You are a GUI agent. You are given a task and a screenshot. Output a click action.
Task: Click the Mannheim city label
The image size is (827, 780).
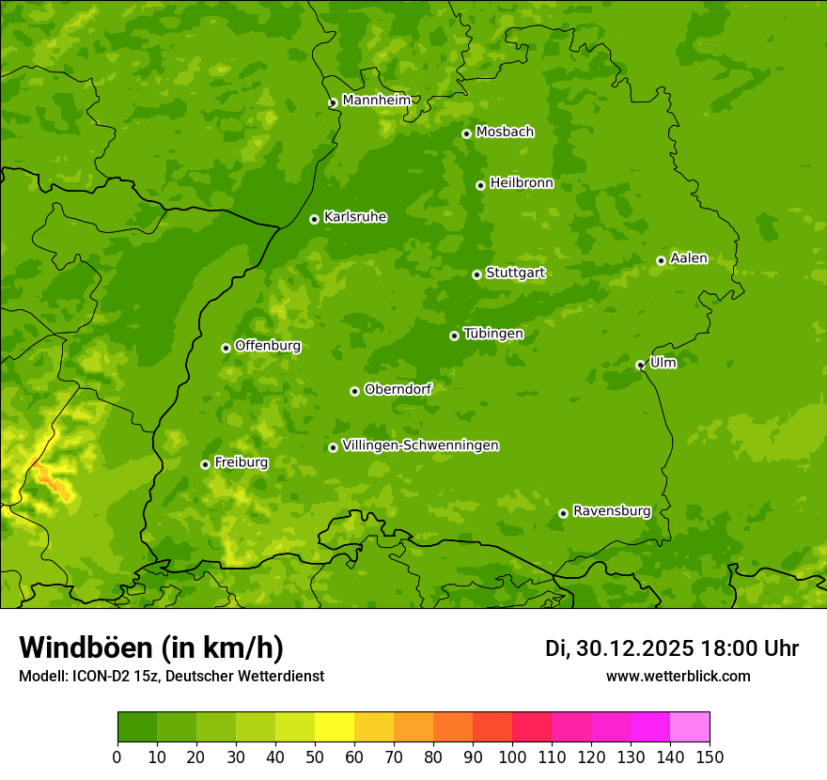(x=377, y=101)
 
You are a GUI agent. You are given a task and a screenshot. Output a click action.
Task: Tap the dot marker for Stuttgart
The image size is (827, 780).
(x=476, y=274)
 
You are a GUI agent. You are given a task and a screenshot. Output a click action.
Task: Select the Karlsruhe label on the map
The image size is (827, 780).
(x=355, y=217)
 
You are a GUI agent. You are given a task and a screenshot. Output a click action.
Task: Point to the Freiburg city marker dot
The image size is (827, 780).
(x=205, y=464)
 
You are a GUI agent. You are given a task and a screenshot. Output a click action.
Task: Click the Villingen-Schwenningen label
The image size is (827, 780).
(x=420, y=445)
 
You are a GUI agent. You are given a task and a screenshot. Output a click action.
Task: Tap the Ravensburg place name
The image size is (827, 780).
(x=612, y=511)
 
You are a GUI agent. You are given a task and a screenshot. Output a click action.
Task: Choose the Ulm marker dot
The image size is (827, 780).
(x=640, y=365)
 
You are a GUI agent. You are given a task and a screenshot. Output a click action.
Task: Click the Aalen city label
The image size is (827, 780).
(x=689, y=258)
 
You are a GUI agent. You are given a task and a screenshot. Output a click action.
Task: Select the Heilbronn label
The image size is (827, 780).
(x=522, y=183)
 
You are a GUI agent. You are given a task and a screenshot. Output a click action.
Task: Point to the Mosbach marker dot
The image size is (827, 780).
(x=466, y=133)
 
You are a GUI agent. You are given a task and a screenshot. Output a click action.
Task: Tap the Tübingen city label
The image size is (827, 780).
(x=493, y=334)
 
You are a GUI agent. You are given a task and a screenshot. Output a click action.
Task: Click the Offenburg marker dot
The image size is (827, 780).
(x=226, y=348)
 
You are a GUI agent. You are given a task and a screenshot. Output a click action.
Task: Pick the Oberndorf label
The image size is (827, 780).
(x=398, y=389)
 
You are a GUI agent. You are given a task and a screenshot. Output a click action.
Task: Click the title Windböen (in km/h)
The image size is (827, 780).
(x=151, y=647)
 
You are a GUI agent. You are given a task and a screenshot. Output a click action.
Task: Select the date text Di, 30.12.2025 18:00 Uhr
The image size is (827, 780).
(x=672, y=648)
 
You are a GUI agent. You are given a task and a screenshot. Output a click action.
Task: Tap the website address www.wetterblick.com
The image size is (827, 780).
(x=679, y=676)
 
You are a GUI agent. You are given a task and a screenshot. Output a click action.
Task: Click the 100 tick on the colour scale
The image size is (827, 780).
(x=512, y=757)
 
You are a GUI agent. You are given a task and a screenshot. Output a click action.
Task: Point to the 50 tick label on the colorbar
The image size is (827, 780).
(x=315, y=757)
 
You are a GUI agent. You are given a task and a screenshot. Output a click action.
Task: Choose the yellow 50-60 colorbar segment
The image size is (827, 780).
(x=335, y=727)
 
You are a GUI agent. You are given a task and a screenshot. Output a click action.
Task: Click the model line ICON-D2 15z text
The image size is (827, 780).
(x=171, y=676)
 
